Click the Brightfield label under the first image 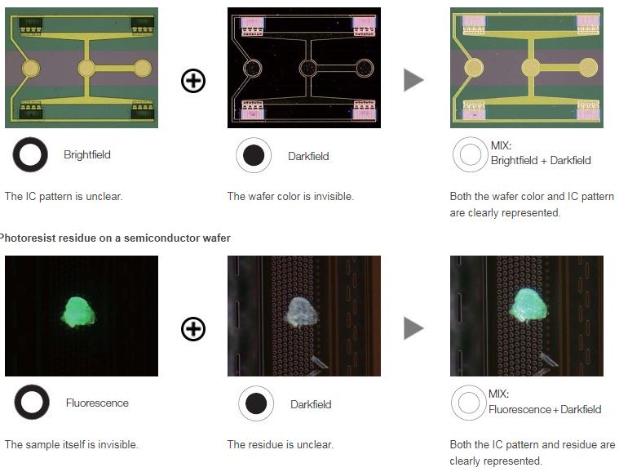pos(86,154)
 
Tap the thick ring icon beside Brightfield pos(30,154)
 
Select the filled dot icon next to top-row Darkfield pos(254,155)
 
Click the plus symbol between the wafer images pos(193,81)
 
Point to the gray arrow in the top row pos(413,80)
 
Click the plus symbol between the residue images pos(193,329)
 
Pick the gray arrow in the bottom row pos(413,328)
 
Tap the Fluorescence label pos(97,403)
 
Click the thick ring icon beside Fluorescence pos(32,402)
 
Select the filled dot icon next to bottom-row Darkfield pos(256,403)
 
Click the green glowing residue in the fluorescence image pos(78,312)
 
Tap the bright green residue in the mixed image pos(528,305)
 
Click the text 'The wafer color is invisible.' pos(290,196)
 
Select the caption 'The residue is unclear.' pos(281,444)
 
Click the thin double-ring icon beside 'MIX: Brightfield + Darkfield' pos(471,154)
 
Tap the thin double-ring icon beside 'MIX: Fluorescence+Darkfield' pos(469,403)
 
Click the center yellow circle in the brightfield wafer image pos(86,69)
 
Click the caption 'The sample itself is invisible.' pos(72,444)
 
